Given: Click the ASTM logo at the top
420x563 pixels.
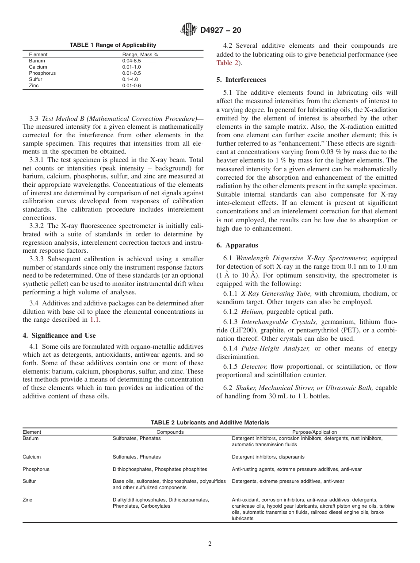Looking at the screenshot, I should tap(189, 30).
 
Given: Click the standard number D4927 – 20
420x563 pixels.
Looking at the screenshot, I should tap(221, 31).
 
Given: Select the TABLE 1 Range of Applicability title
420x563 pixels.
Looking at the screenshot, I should tap(113, 45).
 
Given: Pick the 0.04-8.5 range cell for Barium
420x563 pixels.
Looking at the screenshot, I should tap(131, 61).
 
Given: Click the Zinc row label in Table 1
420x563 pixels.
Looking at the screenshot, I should tap(34, 85).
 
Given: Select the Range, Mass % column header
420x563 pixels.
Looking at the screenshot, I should tap(140, 54).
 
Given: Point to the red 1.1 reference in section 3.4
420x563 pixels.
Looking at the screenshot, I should tap(95, 320).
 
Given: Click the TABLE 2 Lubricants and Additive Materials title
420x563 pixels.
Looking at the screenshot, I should tap(210, 423).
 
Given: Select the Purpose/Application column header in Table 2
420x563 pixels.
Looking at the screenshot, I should tap(314, 432).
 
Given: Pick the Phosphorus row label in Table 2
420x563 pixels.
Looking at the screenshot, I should tap(36, 469).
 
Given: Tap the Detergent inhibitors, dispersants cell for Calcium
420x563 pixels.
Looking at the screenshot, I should tap(268, 457).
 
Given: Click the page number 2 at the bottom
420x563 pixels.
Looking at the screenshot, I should tap(210, 544).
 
